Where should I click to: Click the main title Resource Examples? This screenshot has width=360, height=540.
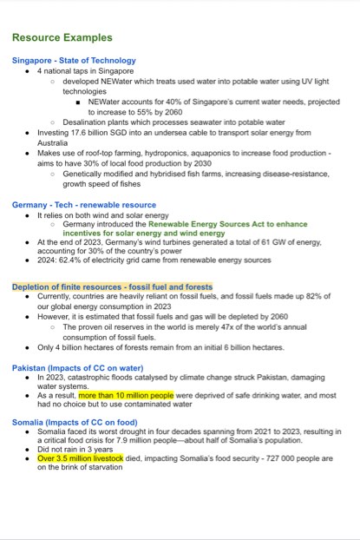tap(62, 37)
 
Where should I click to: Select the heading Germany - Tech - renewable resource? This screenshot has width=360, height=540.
tap(83, 204)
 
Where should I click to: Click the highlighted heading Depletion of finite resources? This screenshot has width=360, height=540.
tap(112, 286)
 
